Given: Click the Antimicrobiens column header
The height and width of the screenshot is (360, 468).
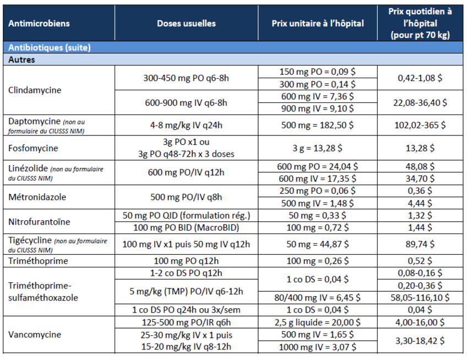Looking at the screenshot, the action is tap(39, 23).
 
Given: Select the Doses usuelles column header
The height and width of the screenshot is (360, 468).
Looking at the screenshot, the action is tap(186, 23).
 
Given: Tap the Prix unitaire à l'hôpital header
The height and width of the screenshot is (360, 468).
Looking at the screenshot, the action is tap(318, 23).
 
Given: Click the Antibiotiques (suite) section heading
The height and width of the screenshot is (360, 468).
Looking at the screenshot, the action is tap(49, 47).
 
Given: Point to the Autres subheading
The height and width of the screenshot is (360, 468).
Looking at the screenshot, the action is tap(21, 59).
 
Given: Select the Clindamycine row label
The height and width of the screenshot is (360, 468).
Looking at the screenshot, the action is tap(35, 90).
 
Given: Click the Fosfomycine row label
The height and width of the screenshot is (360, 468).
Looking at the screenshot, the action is tap(33, 148).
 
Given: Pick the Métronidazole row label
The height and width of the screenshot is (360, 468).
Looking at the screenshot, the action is tap(37, 197).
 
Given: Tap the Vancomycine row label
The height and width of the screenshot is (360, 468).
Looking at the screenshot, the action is tap(35, 335).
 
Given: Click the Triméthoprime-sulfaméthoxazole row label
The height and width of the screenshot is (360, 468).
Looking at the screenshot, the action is tap(43, 292).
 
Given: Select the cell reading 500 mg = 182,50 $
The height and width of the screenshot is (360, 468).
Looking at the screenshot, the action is tap(317, 125).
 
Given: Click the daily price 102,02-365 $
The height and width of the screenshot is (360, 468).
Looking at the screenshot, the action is tap(420, 125).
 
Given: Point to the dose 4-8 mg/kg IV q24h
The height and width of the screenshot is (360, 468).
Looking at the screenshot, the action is tap(186, 125).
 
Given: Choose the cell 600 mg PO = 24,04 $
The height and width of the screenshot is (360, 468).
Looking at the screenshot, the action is tap(317, 166).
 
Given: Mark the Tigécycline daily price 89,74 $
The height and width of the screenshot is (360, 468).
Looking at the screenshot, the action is tap(420, 244).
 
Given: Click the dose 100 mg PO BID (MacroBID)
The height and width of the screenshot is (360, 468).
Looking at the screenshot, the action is tap(186, 228).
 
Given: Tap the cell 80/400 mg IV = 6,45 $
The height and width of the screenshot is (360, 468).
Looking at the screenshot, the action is tap(317, 298).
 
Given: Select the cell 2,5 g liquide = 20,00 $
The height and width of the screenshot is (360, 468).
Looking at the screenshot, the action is tap(317, 323).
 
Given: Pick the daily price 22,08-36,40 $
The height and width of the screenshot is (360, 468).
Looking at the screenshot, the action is tap(420, 103).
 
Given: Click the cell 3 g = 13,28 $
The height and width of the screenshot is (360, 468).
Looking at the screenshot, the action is tap(317, 148).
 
